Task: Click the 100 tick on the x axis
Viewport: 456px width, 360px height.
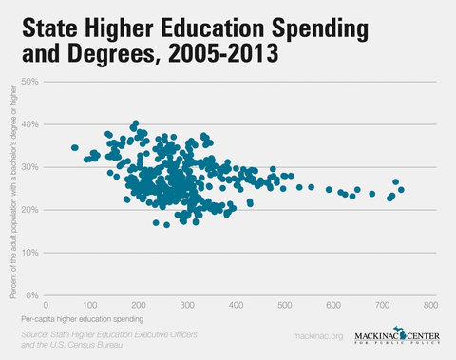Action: click(89, 306)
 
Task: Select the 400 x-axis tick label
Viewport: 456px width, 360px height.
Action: click(236, 306)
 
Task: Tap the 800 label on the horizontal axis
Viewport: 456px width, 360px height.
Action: click(430, 306)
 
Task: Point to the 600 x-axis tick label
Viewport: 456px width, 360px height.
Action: click(333, 306)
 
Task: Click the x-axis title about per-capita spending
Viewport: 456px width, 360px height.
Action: click(85, 320)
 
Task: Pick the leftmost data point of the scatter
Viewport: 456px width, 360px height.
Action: click(75, 147)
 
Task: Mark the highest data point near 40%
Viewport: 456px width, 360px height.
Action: click(136, 123)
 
